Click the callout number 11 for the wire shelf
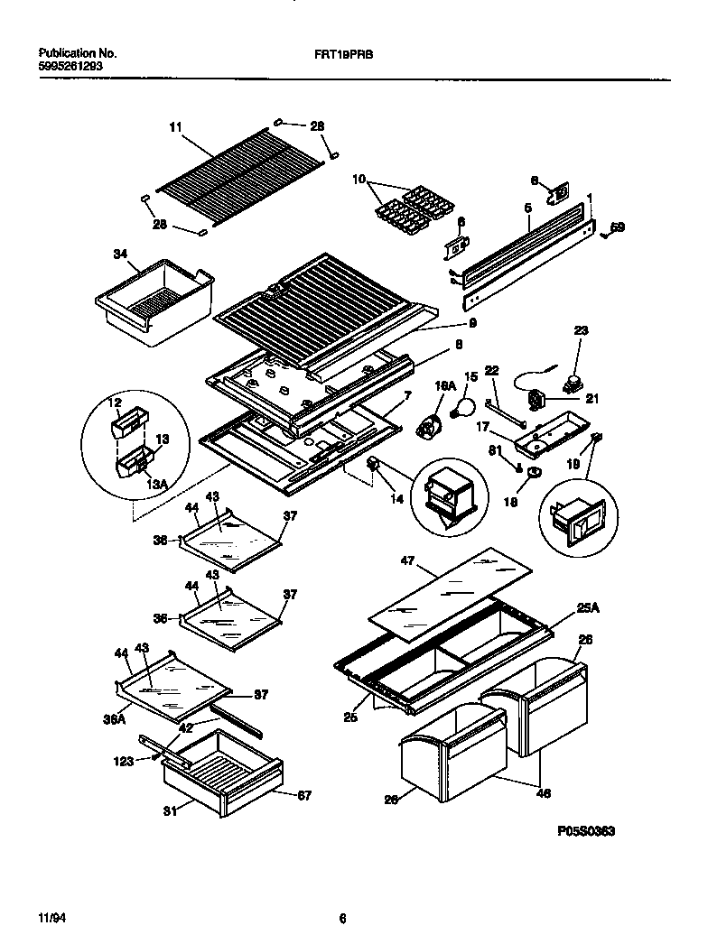click(175, 129)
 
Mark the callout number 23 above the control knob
click(580, 331)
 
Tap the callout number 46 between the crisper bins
click(544, 794)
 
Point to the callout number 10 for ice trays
click(360, 180)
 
